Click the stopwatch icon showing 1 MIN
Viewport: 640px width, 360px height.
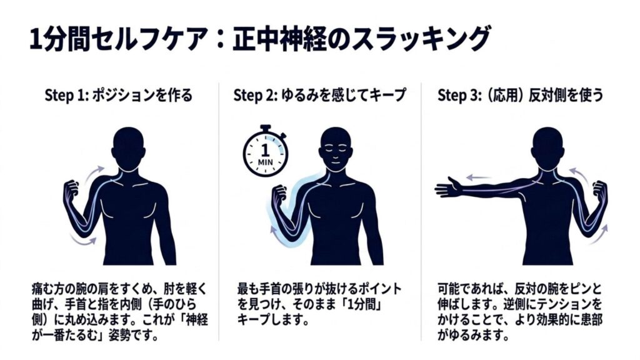(x=265, y=152)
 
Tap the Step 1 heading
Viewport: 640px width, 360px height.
(x=118, y=95)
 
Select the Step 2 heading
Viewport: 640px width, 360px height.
(x=319, y=95)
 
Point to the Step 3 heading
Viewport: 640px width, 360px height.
(x=521, y=95)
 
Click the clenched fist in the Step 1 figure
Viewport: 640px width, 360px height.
(x=71, y=190)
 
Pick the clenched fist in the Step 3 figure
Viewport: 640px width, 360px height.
(x=600, y=190)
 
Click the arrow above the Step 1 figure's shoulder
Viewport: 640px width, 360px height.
(x=94, y=171)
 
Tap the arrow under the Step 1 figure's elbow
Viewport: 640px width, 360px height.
(x=83, y=241)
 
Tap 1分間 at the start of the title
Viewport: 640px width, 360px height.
(x=60, y=39)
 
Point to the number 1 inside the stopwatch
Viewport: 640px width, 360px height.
(x=265, y=150)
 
